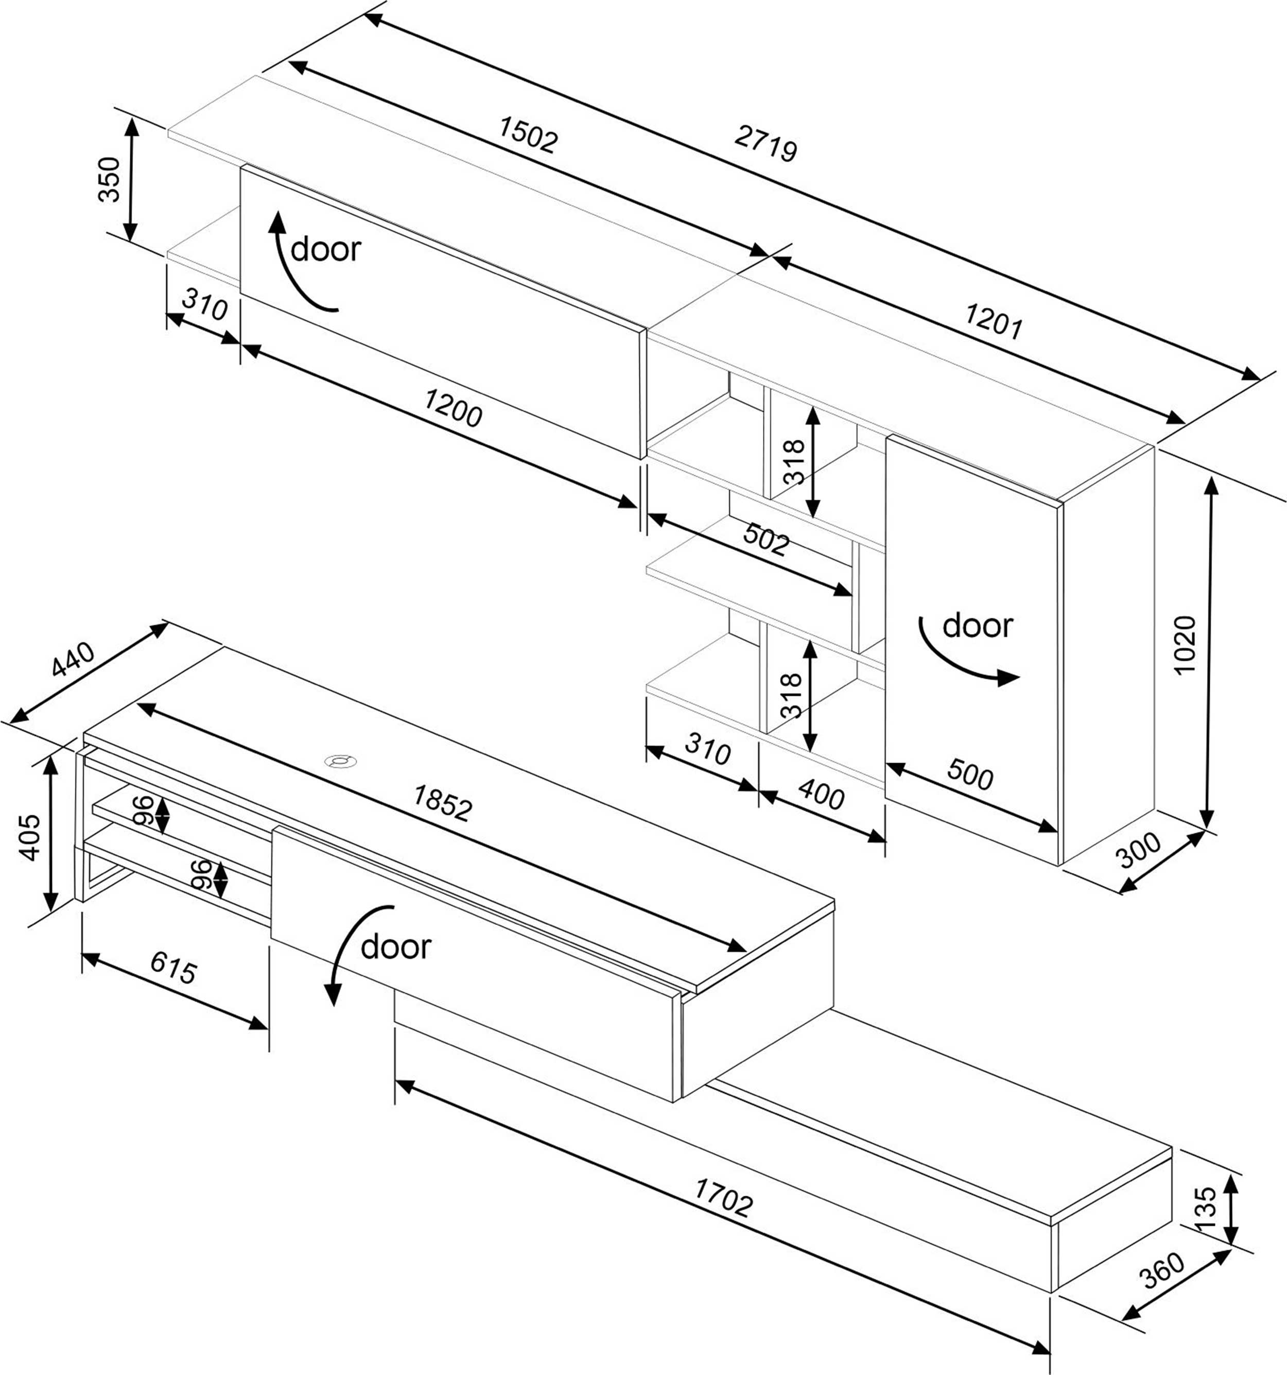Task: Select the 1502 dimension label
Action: (x=528, y=134)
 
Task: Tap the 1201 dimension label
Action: (x=993, y=322)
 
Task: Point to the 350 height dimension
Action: (x=109, y=180)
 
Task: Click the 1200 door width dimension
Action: (x=453, y=408)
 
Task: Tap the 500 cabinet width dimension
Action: (x=969, y=774)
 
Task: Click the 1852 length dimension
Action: (x=443, y=802)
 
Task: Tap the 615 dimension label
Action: (x=173, y=968)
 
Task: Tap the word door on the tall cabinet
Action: (x=977, y=626)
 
